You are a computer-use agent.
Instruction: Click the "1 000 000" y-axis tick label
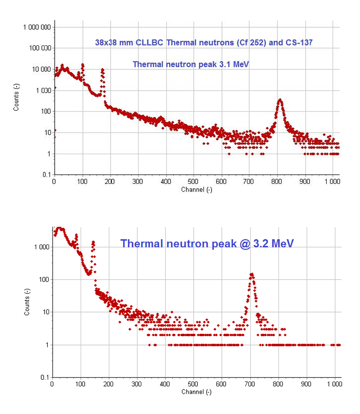[x=37, y=27]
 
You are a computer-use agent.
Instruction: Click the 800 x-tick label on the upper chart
[x=277, y=182]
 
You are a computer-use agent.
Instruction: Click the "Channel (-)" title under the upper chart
[x=196, y=189]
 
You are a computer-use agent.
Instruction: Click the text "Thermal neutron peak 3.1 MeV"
[x=191, y=64]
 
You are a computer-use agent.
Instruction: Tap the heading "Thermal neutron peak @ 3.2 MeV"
[x=207, y=243]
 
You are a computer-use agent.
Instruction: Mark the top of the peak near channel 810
[x=280, y=99]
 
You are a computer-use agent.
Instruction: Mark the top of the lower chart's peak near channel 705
[x=252, y=274]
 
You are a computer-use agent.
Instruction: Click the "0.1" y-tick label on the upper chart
[x=46, y=175]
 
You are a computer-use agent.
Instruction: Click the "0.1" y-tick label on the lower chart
[x=44, y=377]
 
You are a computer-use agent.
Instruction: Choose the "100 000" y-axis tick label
[x=39, y=48]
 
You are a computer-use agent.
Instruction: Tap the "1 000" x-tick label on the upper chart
[x=332, y=182]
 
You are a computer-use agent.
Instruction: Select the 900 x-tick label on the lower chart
[x=306, y=384]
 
